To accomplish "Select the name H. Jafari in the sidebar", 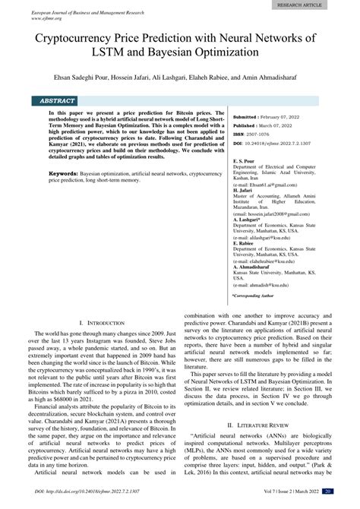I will click(x=244, y=190).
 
